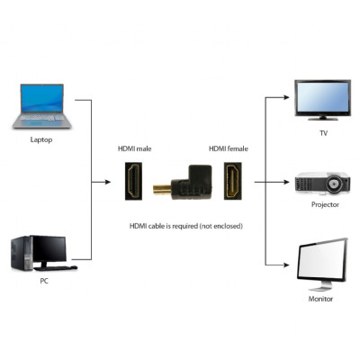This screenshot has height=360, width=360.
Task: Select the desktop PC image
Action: (40, 254)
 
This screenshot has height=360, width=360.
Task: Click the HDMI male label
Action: (134, 148)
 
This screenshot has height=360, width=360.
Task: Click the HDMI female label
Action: (228, 148)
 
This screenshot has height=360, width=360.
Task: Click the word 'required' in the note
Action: (189, 225)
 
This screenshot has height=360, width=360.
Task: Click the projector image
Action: (321, 184)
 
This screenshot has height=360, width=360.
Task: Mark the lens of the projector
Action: (337, 186)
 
